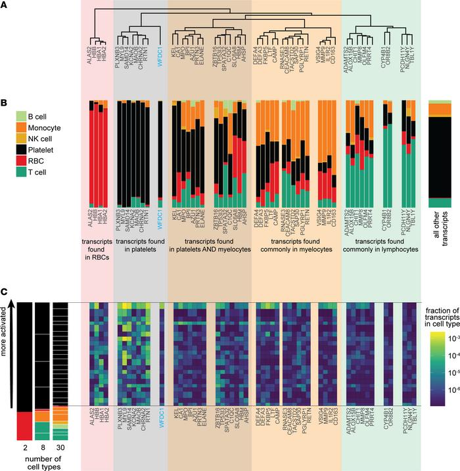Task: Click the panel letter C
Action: (5, 293)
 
